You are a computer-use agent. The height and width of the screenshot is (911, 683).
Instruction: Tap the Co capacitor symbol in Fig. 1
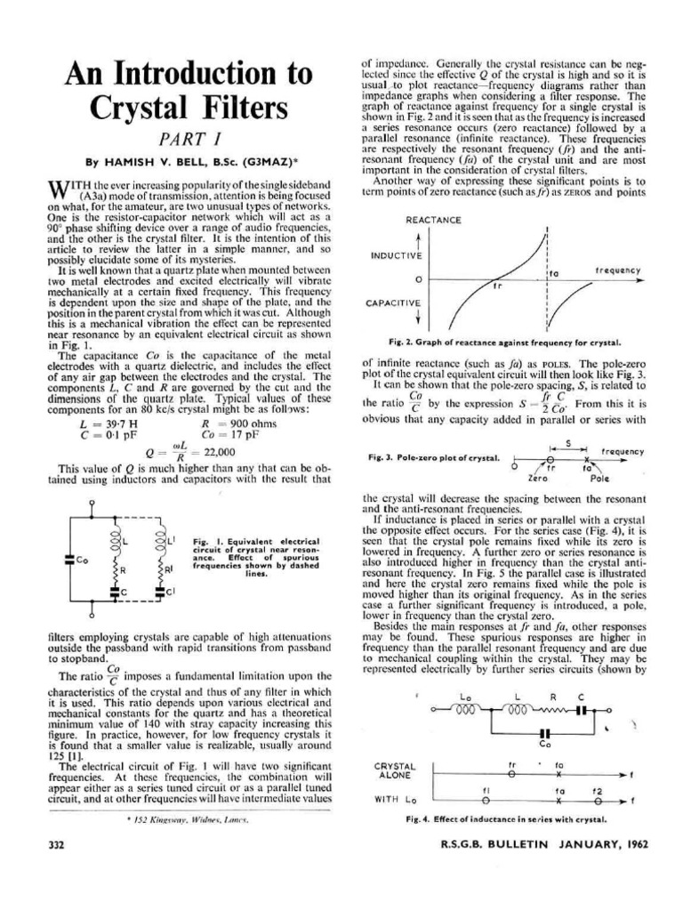tap(68, 560)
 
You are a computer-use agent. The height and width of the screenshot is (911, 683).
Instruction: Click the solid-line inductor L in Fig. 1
tap(113, 540)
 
